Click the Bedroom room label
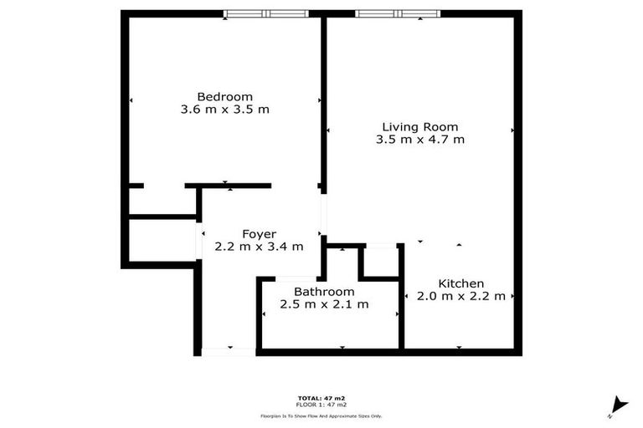[x=224, y=96]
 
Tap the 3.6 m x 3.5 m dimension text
[x=224, y=110]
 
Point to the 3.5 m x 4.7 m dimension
[x=420, y=140]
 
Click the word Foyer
[x=259, y=233]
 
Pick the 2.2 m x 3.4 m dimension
[x=259, y=247]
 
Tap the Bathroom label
[x=324, y=291]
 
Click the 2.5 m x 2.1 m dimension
[x=324, y=304]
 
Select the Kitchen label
[x=461, y=283]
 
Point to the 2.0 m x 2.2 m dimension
[x=461, y=297]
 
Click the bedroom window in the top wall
[x=266, y=14]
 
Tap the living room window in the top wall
[x=399, y=14]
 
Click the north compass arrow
[x=618, y=405]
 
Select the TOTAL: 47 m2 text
[x=321, y=397]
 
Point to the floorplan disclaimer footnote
[x=321, y=415]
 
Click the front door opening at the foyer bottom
[x=229, y=352]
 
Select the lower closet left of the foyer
[x=161, y=242]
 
